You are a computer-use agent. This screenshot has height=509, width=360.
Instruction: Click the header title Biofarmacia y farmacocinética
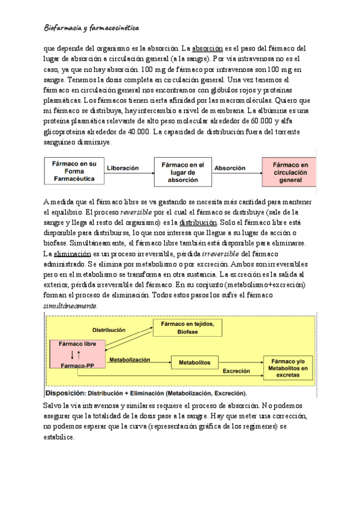tap(92, 28)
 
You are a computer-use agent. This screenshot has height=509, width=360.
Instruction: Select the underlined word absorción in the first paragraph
tap(208, 48)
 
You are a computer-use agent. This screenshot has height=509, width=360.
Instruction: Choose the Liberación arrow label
tap(122, 169)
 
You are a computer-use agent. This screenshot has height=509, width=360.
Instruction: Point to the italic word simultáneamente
tap(70, 306)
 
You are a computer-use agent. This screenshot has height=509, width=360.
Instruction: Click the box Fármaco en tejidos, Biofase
tap(187, 327)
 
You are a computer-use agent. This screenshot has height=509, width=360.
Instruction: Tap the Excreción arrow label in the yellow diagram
tap(236, 372)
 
